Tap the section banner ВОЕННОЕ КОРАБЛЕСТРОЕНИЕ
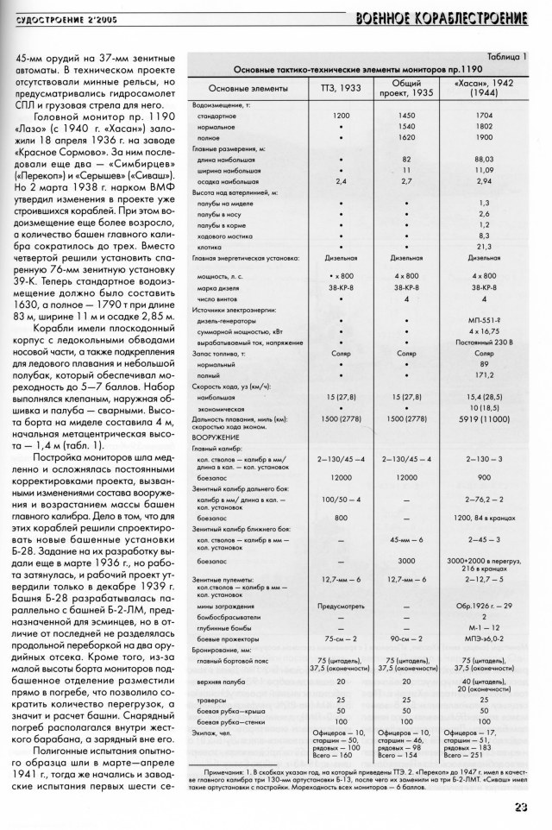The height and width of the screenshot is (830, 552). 446,15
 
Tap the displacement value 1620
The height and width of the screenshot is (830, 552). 406,136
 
